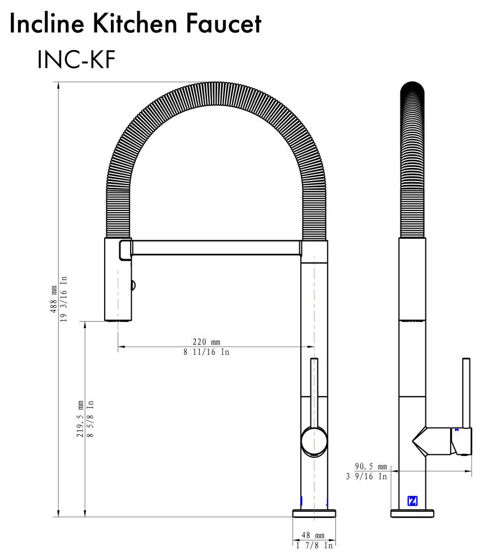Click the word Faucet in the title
(x=224, y=24)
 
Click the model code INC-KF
(x=76, y=59)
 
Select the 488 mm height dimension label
(x=54, y=299)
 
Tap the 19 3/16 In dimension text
(x=63, y=299)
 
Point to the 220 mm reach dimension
(x=206, y=342)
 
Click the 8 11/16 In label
(x=206, y=352)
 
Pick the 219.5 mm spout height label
(x=80, y=419)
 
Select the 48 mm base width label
(x=313, y=535)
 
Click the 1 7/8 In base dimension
(x=314, y=545)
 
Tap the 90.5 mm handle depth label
(x=371, y=466)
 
